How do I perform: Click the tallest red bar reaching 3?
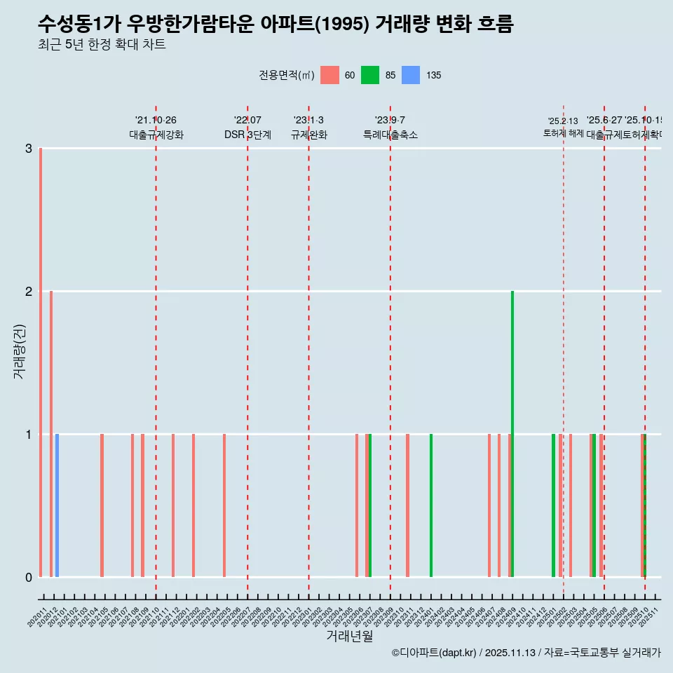41,362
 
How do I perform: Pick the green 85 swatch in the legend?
369,75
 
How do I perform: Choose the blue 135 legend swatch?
410,75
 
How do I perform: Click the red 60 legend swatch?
329,75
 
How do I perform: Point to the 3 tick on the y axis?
29,149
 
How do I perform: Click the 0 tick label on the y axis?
29,578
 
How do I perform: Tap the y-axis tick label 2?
29,292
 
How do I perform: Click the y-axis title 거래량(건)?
19,351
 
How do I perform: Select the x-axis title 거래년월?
349,637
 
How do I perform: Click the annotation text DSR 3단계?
247,135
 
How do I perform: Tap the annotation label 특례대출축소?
390,135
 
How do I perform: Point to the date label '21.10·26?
156,121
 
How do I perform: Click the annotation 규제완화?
308,135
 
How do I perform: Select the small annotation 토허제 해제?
563,133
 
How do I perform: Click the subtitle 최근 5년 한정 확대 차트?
102,46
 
